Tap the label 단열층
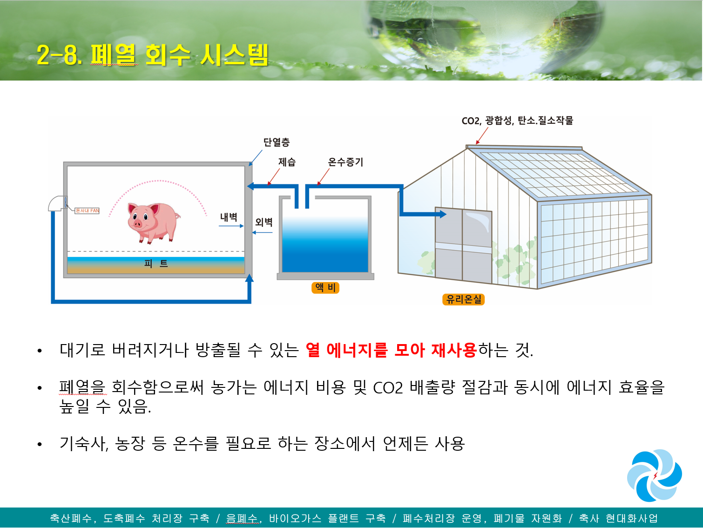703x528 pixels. (277, 142)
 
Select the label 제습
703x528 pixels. (287, 162)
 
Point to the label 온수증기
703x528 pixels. (345, 162)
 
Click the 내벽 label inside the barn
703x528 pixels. (228, 217)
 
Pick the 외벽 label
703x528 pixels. (264, 222)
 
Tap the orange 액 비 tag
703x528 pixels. (325, 288)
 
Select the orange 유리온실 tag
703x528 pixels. (463, 299)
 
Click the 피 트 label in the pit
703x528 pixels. (156, 264)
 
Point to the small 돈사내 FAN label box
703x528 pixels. (87, 210)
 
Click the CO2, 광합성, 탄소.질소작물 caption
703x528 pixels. (517, 121)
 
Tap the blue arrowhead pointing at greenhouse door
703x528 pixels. (443, 214)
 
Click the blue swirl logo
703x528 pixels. (654, 475)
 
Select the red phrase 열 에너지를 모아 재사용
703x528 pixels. (391, 350)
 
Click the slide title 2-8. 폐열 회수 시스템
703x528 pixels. (152, 55)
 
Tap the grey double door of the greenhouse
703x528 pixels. (463, 245)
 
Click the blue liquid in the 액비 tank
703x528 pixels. (325, 245)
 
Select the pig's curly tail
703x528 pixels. (177, 217)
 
